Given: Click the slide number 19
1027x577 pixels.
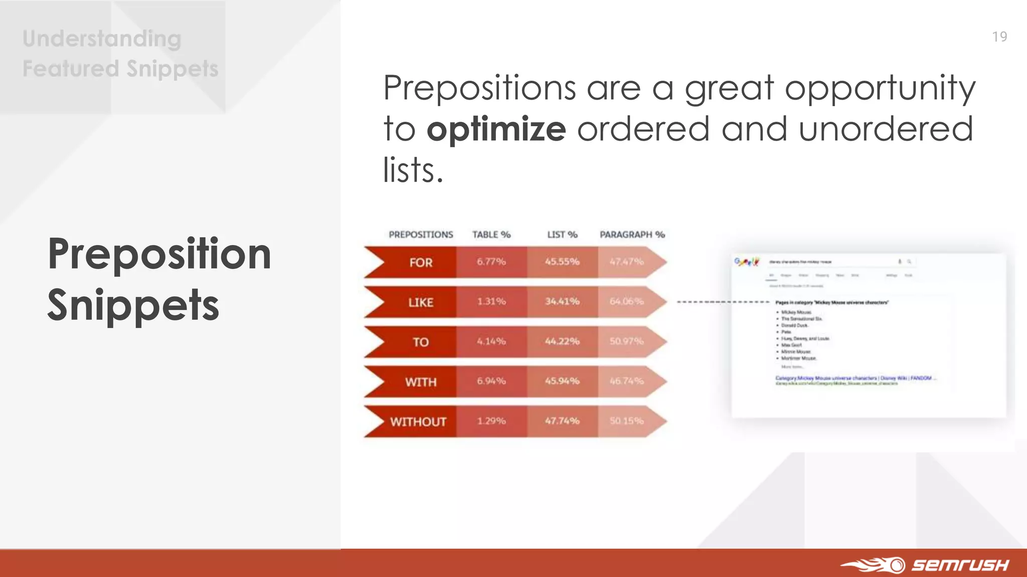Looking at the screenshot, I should tap(999, 37).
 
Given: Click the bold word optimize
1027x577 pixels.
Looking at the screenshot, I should tap(496, 129).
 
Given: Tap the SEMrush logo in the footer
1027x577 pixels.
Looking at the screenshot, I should tap(925, 565).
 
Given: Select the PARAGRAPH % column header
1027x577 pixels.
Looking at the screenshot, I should tap(632, 234).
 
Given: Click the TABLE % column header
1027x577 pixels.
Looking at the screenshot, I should tap(491, 234).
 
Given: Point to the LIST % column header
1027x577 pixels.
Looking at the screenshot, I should tap(562, 234).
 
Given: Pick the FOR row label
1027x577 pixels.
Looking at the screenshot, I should tap(420, 262).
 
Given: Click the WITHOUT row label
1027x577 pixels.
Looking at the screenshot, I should tap(418, 422).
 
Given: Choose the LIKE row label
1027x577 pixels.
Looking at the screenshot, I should tap(420, 303).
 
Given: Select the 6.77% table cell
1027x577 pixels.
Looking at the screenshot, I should tap(491, 261).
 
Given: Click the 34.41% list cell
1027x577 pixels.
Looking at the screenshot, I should tap(562, 302).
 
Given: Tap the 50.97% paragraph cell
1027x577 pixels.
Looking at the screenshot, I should tap(626, 342).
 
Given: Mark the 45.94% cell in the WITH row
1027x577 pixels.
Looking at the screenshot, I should tap(562, 381).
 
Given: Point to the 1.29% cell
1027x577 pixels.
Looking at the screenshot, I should tap(491, 421).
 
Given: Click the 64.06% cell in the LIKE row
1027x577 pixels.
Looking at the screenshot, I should tap(626, 302).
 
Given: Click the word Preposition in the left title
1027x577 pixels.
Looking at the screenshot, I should tap(159, 254).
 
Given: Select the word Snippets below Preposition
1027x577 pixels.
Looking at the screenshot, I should tap(133, 306).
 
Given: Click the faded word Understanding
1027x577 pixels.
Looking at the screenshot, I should tap(102, 39).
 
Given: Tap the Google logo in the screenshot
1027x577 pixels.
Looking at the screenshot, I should tap(747, 261).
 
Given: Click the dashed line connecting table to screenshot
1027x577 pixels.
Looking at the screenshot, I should tap(722, 302).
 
